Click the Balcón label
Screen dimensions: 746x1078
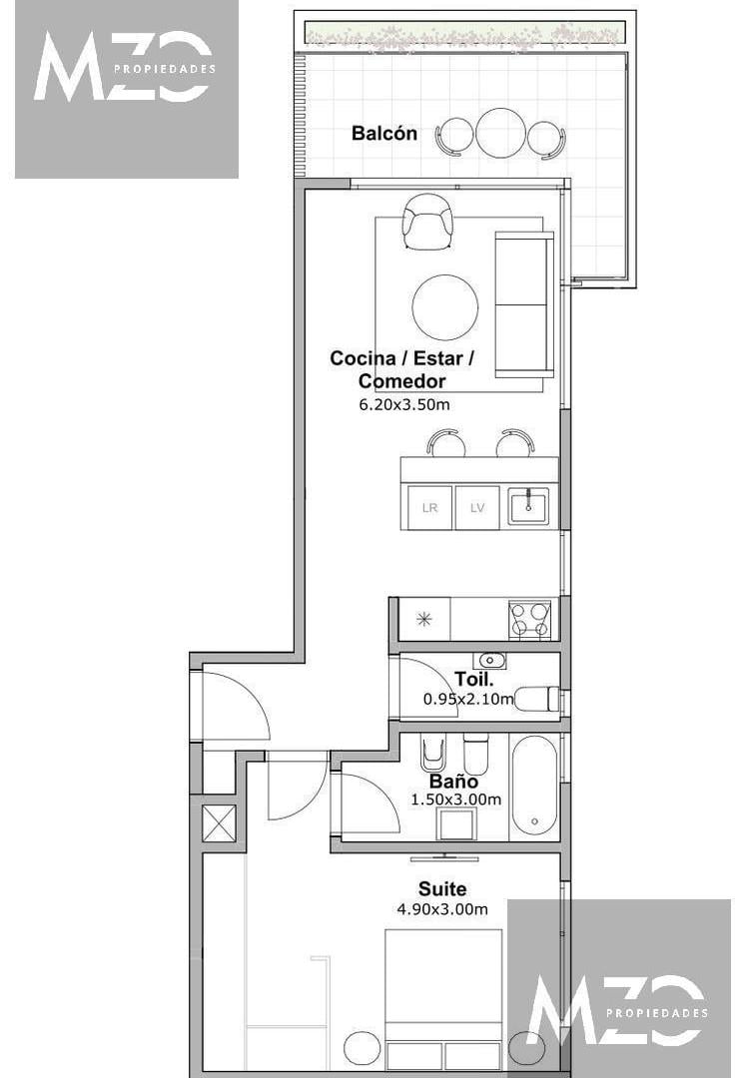pos(383,133)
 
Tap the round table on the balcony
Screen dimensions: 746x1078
pos(500,133)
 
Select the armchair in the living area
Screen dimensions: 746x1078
pos(427,222)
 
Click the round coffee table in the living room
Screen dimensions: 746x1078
pos(444,307)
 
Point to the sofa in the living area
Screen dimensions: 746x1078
pos(524,304)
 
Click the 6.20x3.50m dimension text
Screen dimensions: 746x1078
pos(404,404)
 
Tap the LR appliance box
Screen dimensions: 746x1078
pos(429,507)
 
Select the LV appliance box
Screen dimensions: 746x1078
pos(477,507)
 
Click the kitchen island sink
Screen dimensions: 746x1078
pos(528,506)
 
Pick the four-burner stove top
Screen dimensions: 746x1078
pos(529,619)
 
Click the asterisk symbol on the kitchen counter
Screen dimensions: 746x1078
pos(424,620)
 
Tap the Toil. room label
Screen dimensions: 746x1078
pos(474,680)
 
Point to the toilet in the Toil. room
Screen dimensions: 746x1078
pos(537,699)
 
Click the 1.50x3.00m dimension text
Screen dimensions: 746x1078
pos(455,800)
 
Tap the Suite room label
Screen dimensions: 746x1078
pos(442,889)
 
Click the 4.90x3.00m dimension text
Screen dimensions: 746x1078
pos(442,909)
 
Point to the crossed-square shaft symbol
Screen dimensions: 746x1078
pos(219,823)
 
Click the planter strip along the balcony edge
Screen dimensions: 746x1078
pos(465,32)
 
